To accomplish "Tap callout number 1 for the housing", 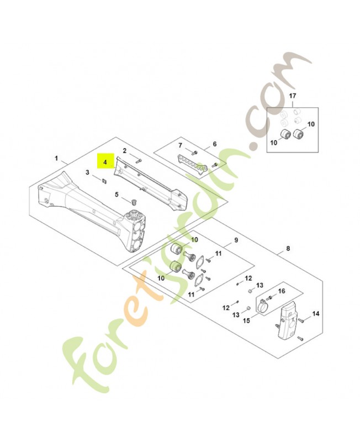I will pyautogui.click(x=56, y=159).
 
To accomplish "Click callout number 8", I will pyautogui.click(x=287, y=249).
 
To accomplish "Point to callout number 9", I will pyautogui.click(x=236, y=240).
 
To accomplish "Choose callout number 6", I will pyautogui.click(x=214, y=145).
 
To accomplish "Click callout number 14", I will pyautogui.click(x=316, y=313).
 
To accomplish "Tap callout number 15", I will pyautogui.click(x=247, y=320).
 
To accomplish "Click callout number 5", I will pyautogui.click(x=117, y=194).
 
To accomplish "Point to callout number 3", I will pyautogui.click(x=87, y=172).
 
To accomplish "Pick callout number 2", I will pyautogui.click(x=125, y=150).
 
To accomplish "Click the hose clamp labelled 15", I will pyautogui.click(x=264, y=303).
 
